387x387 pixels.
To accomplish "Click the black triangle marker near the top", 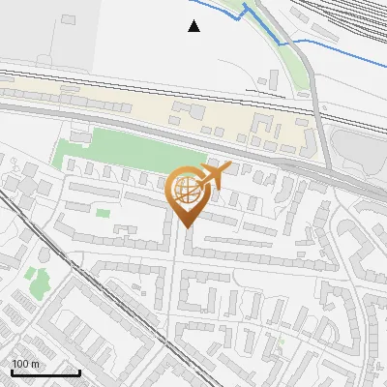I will pyautogui.click(x=194, y=26).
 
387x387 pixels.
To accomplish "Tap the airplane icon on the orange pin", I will pyautogui.click(x=214, y=176).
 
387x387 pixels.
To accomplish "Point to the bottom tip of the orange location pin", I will pyautogui.click(x=185, y=227).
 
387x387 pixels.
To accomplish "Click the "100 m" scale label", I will pyautogui.click(x=26, y=364).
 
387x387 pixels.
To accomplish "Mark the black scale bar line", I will pyautogui.click(x=45, y=372).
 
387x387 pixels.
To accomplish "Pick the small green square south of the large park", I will pyautogui.click(x=104, y=212).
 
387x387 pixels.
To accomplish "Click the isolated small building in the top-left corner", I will pyautogui.click(x=69, y=19).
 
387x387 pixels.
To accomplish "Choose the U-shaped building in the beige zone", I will pyautogui.click(x=260, y=125).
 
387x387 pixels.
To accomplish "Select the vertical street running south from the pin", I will pyautogui.click(x=177, y=290).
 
